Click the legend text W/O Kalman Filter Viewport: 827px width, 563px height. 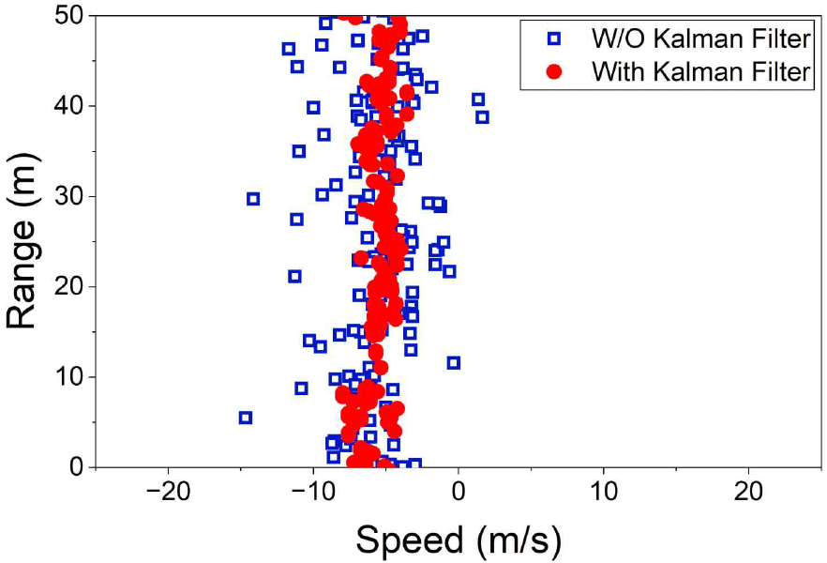click(700, 39)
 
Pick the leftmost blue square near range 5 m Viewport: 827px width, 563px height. click(246, 418)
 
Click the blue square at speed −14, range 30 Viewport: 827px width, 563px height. click(253, 199)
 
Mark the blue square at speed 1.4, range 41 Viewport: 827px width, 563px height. click(478, 99)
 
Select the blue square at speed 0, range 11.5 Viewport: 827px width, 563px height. click(454, 363)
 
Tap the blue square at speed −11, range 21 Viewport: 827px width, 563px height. click(294, 276)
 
